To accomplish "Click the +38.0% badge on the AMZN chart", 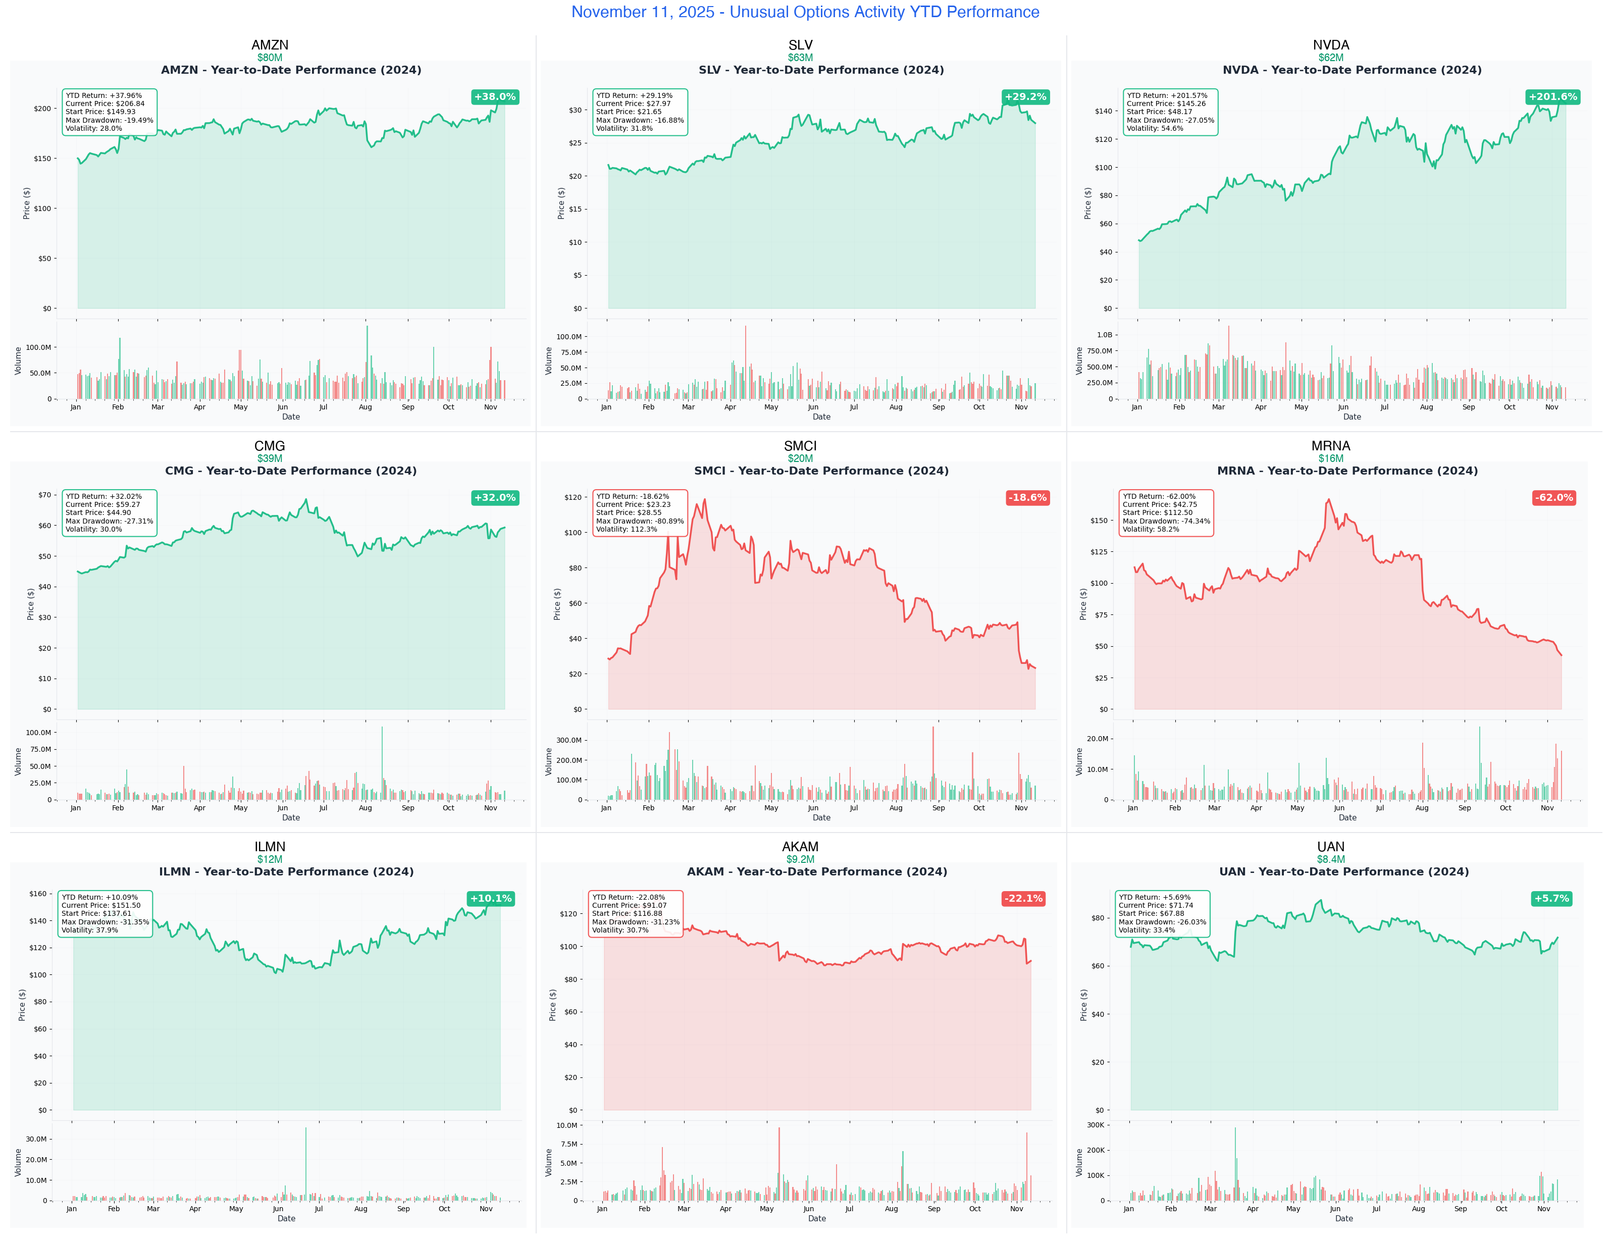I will tap(495, 97).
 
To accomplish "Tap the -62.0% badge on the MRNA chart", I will tap(1554, 497).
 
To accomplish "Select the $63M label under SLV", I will tap(800, 58).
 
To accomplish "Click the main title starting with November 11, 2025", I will tap(805, 12).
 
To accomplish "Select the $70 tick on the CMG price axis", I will tap(44, 495).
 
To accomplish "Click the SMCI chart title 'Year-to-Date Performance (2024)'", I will tap(821, 471).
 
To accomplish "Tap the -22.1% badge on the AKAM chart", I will tap(1023, 898).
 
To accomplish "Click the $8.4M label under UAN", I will tap(1331, 859).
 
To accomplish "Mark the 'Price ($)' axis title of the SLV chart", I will tap(561, 203).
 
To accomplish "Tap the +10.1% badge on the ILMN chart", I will tap(490, 898).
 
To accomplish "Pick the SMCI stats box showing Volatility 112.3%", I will tap(640, 513).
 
